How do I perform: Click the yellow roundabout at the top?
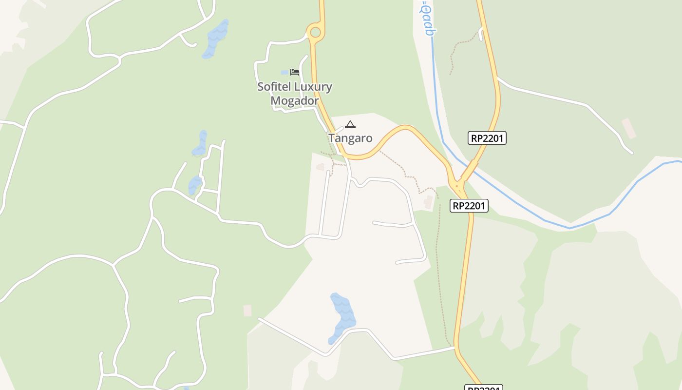[315, 33]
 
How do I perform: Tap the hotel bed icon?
[294, 72]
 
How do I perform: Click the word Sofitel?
[274, 87]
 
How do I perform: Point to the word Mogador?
[294, 101]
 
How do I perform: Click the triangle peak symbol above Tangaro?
[350, 124]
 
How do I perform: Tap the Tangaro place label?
[350, 138]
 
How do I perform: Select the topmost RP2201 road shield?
[487, 138]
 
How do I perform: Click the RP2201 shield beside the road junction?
[469, 206]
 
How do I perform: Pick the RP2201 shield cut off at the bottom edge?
[484, 388]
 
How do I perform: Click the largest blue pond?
[343, 317]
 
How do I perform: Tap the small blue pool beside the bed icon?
[284, 73]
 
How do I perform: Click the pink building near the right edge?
[628, 128]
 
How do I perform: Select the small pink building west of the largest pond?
[247, 311]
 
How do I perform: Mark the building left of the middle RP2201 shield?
[428, 202]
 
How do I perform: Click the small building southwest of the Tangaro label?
[320, 167]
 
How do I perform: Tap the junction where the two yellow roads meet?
[457, 184]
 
